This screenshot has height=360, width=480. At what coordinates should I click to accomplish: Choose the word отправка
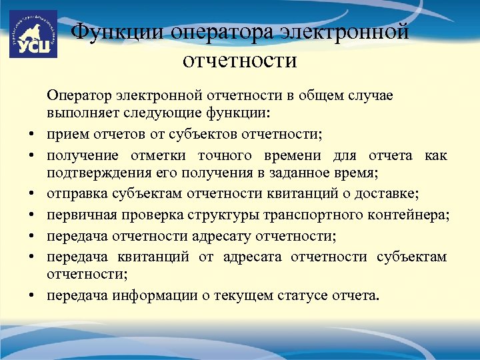pos(76,195)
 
